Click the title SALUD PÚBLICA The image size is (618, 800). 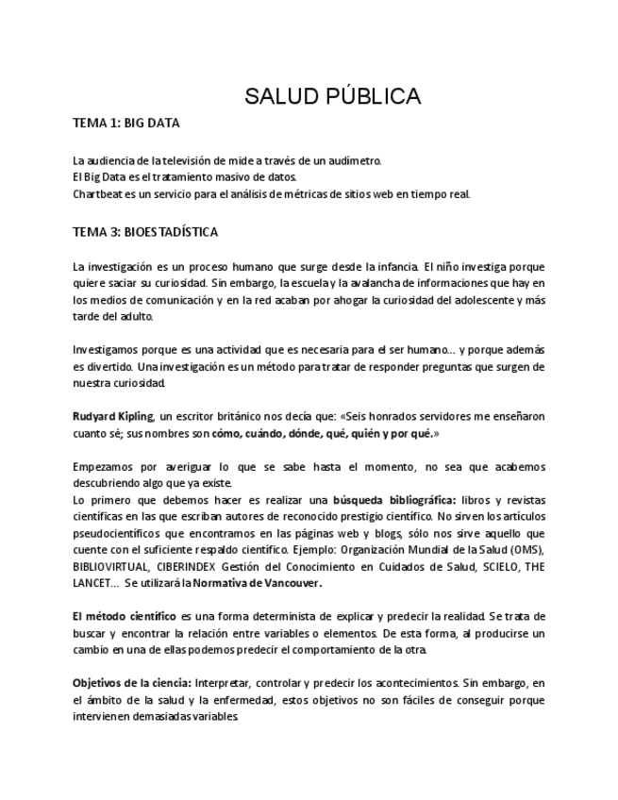pyautogui.click(x=332, y=96)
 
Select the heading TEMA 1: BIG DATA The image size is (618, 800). pyautogui.click(x=126, y=124)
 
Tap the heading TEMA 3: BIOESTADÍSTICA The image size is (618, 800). pyautogui.click(x=145, y=232)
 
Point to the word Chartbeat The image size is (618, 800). pyautogui.click(x=99, y=194)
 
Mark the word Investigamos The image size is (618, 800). pyautogui.click(x=109, y=350)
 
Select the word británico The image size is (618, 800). pyautogui.click(x=252, y=416)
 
